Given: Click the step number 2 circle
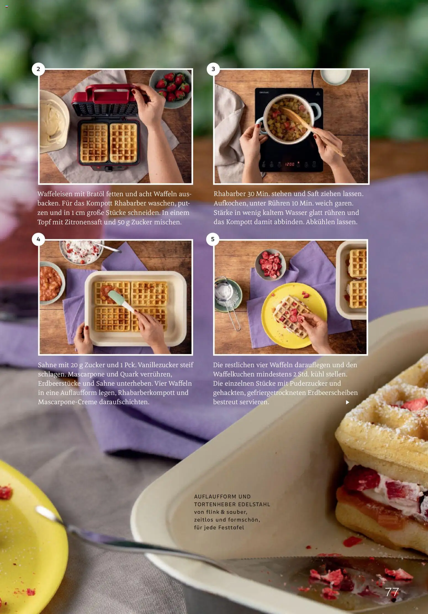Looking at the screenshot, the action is tap(38, 69).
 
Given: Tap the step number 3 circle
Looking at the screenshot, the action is tap(213, 69).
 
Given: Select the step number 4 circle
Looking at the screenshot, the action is tap(38, 239).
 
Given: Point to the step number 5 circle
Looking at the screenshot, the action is tap(213, 239).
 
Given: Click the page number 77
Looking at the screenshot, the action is tap(392, 592).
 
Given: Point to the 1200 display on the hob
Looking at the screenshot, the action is tap(289, 164).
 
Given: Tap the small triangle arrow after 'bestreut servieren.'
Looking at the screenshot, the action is tap(348, 402).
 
